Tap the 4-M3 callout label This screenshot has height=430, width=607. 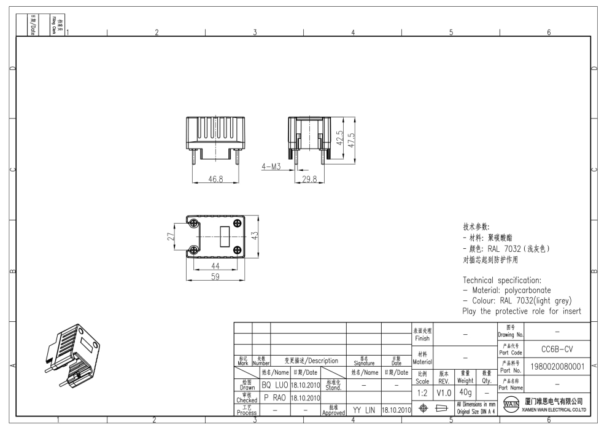271,166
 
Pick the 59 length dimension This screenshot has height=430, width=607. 216,276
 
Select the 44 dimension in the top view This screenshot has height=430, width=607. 215,265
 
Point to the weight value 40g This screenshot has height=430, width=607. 465,391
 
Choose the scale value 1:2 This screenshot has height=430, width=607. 422,391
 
